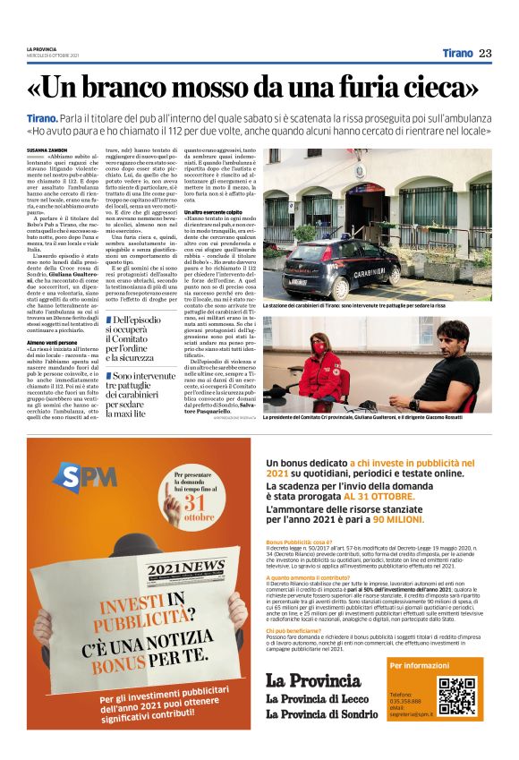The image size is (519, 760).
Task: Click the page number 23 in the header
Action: tap(486, 53)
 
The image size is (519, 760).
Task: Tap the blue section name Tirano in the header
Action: tap(457, 53)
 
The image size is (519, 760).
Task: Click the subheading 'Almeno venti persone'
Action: tap(51, 342)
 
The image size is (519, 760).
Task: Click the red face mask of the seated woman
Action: tap(318, 348)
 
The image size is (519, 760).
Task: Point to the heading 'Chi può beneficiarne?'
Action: tap(296, 630)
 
